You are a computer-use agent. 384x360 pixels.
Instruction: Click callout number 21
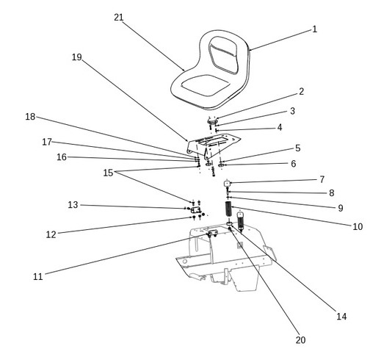119,18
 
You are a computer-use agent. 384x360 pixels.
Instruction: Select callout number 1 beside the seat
315,29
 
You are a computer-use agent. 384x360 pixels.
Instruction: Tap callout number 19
76,57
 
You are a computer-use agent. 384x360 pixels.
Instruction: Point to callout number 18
30,117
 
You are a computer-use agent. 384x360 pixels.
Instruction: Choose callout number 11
38,277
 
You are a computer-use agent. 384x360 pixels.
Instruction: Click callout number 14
341,317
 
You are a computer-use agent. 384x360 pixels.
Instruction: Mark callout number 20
300,340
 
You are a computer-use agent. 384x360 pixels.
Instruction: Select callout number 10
358,227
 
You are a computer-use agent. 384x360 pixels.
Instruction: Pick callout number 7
322,179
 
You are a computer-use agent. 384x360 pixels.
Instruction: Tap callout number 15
108,173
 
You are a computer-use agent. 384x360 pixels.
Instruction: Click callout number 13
73,205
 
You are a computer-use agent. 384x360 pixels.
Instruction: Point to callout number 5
298,148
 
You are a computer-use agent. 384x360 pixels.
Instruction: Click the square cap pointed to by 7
227,184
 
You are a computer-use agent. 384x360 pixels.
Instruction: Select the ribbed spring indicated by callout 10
228,209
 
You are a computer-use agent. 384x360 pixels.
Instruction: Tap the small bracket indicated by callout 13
196,210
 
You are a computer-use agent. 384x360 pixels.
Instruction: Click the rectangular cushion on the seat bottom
206,85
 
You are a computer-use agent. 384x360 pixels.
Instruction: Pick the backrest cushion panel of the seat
224,55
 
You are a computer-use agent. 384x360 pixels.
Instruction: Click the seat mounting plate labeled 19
212,145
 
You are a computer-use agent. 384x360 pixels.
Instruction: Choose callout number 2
302,92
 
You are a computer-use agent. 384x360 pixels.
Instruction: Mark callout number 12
51,235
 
